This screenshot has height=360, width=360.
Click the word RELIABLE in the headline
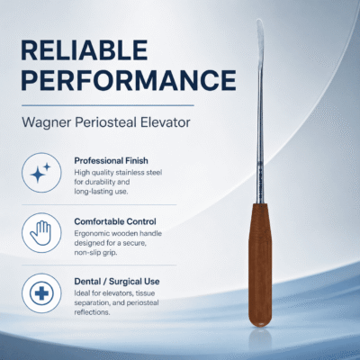pos(85,50)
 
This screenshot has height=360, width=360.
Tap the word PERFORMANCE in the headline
pos(129,80)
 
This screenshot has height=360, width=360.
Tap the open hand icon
pos(41,233)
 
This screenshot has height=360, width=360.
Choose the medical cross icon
pos(41,293)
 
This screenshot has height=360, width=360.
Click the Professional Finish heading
pos(111,161)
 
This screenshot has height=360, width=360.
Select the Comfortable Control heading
pos(115,221)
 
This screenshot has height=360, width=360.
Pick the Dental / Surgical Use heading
pos(117,282)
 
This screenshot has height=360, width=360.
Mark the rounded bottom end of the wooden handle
pos(260,324)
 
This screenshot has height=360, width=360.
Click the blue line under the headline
pos(108,105)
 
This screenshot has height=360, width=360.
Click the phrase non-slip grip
pos(95,253)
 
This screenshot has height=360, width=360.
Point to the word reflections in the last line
pos(92,312)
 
